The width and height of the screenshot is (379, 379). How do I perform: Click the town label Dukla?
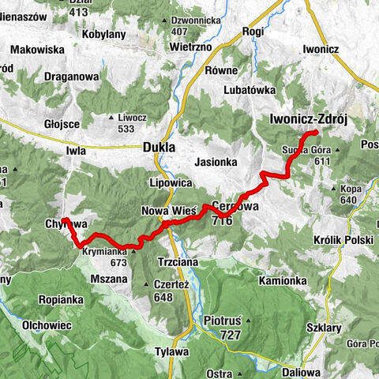point(159,146)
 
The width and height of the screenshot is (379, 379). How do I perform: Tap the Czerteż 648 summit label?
point(153,291)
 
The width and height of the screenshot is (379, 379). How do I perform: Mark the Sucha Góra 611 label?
point(304,154)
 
